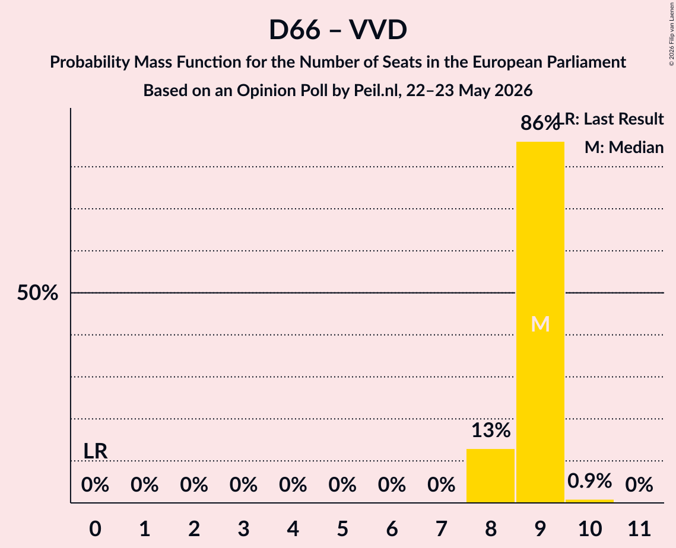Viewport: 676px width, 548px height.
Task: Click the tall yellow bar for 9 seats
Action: point(540,322)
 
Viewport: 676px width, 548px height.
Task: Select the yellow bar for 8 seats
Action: point(491,476)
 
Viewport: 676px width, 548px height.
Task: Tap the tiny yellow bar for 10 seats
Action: point(589,501)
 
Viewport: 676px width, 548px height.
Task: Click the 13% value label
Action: point(491,431)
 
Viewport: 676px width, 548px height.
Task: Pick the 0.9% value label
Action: point(589,481)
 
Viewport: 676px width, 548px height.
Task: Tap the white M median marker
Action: point(540,324)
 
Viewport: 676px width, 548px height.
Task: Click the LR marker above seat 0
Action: point(96,451)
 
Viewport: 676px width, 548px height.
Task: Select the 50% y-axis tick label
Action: point(37,293)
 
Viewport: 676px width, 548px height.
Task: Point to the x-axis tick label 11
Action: point(639,528)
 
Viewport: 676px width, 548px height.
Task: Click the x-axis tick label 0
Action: point(96,528)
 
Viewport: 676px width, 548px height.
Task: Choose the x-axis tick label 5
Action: point(342,528)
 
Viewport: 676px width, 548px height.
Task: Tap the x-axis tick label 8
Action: point(491,528)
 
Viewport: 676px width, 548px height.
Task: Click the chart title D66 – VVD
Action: point(338,30)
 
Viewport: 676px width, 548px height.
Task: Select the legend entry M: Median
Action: point(624,147)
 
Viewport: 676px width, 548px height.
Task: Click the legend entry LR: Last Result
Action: point(611,119)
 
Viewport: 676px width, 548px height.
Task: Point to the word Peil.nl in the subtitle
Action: point(377,91)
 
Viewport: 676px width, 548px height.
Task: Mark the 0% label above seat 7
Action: point(441,485)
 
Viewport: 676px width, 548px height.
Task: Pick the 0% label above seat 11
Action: point(639,485)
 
